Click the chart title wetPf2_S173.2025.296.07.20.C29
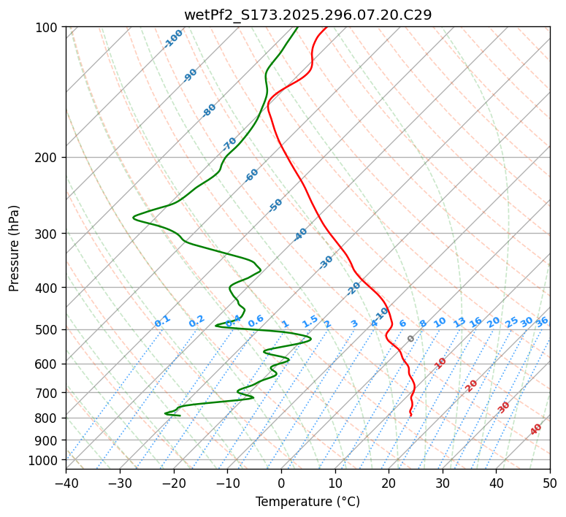pyautogui.click(x=307, y=15)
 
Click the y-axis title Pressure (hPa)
pyautogui.click(x=15, y=248)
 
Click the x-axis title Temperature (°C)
pyautogui.click(x=307, y=502)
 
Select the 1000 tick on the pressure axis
pyautogui.click(x=45, y=461)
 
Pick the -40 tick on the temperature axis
pyautogui.click(x=66, y=483)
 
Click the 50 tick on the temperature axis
pyautogui.click(x=550, y=483)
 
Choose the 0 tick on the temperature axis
pyautogui.click(x=281, y=483)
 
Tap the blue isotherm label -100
pyautogui.click(x=173, y=39)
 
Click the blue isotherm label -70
pyautogui.click(x=230, y=143)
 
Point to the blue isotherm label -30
pyautogui.click(x=326, y=262)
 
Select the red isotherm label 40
pyautogui.click(x=536, y=429)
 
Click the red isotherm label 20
pyautogui.click(x=472, y=386)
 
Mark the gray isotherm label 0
pyautogui.click(x=411, y=339)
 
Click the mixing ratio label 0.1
pyautogui.click(x=162, y=321)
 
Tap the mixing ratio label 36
pyautogui.click(x=542, y=321)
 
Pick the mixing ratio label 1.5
pyautogui.click(x=310, y=321)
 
